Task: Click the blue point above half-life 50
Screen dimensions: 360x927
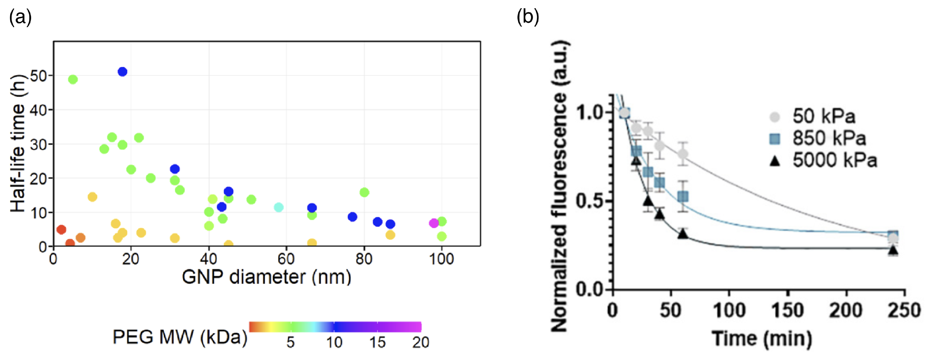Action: (122, 72)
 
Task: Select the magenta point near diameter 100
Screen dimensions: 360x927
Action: (434, 223)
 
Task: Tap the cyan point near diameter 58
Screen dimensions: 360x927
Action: (278, 207)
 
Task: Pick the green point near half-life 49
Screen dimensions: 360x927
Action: (73, 79)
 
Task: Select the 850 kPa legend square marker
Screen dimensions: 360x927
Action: (774, 139)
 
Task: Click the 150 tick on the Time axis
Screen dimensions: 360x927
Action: (787, 310)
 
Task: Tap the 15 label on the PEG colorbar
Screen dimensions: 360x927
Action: (377, 342)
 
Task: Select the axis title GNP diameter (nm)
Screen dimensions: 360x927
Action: (266, 277)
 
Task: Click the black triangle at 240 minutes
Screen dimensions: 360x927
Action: (893, 250)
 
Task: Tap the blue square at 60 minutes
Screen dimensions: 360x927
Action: (683, 197)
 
